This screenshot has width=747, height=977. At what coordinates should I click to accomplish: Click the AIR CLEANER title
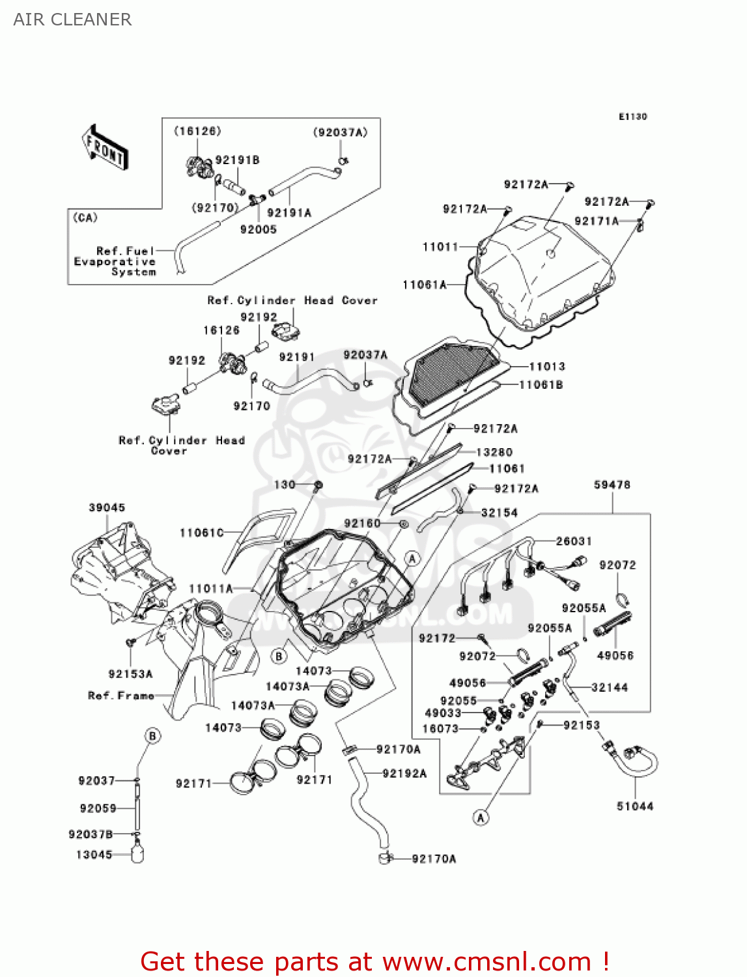pos(72,20)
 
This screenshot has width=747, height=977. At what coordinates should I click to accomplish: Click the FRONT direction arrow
pos(104,148)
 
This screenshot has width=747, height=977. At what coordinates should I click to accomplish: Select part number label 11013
pos(546,367)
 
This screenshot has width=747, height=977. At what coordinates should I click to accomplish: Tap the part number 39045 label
pos(107,507)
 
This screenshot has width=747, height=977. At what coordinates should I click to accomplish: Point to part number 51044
pos(635,806)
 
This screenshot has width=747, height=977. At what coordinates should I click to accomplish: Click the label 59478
pos(612,485)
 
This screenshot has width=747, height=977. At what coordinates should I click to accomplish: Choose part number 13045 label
pos(94,855)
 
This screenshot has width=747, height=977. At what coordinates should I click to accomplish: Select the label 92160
pos(362,523)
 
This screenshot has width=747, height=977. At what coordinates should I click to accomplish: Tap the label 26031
pos(574,541)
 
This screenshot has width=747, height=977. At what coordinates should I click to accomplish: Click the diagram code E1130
pos(632,117)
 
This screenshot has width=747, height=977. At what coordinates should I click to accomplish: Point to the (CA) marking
pos(85,218)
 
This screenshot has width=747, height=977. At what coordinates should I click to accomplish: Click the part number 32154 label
pos(499,513)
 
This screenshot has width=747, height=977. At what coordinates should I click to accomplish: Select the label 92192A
pos(404,773)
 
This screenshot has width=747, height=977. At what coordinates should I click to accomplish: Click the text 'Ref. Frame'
pos(121,696)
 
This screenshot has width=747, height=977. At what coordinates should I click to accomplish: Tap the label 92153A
pos(130,674)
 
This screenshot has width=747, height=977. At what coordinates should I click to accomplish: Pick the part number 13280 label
pos(494,452)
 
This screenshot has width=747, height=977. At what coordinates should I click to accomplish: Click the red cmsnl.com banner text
pos(374,961)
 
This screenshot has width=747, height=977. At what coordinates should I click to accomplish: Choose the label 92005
pos(258,229)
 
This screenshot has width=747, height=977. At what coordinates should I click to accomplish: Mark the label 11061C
pos(201,533)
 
